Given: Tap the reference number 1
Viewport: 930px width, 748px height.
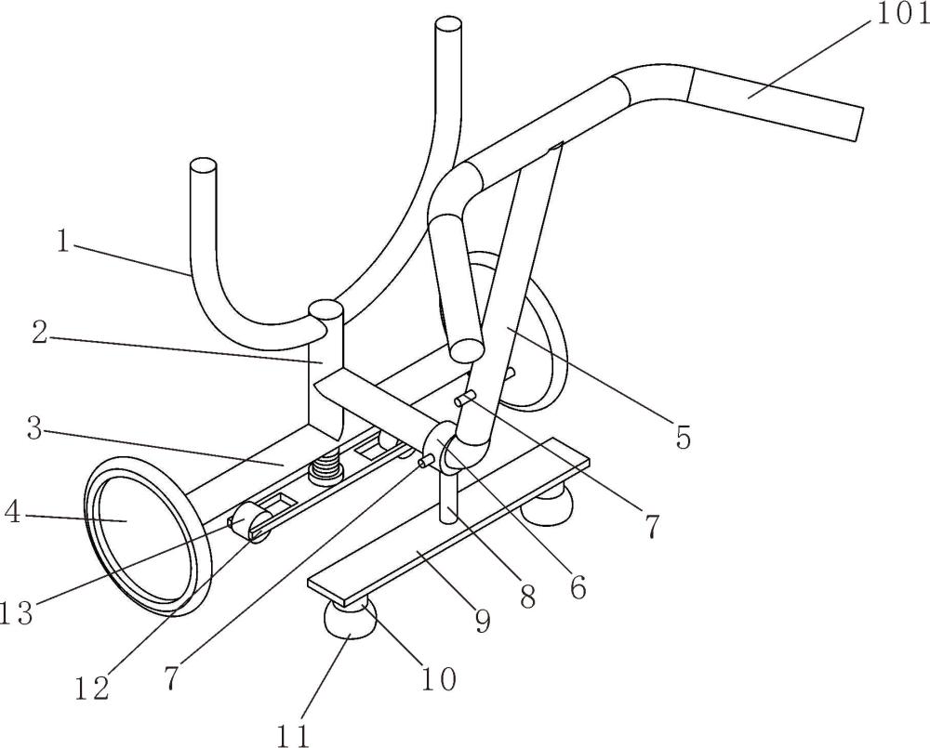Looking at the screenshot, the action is pos(63,242).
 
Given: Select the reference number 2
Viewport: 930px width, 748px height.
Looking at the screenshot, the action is pos(40,334).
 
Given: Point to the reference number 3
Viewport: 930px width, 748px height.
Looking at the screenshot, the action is pos(35,429).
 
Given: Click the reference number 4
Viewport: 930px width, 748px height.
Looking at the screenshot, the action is pos(12,513).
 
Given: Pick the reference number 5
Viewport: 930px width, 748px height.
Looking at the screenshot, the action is pos(684,438).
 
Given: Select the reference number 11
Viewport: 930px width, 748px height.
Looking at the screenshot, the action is pos(294,736).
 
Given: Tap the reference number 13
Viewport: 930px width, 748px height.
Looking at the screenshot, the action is pos(16,613).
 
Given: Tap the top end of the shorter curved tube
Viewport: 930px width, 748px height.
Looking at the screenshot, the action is pos(203,165).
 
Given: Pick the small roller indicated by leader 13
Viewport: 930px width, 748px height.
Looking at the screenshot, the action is pos(251,520).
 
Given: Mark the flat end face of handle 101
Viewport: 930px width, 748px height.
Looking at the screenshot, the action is pos(858,125).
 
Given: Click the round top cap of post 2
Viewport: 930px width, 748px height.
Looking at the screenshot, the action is pos(325,309).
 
